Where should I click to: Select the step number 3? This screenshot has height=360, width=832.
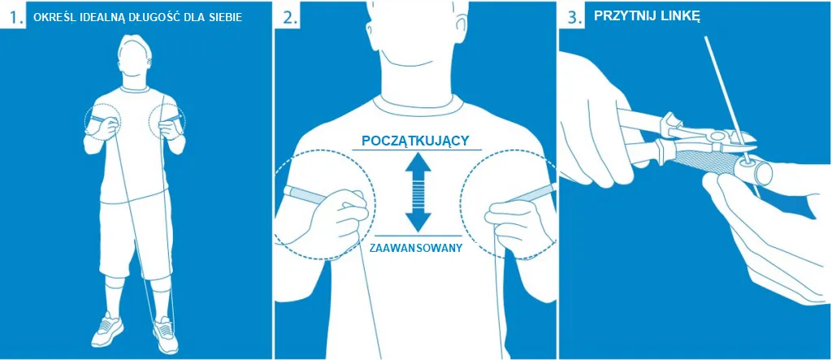[572, 17]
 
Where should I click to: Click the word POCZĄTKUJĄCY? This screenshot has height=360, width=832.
[414, 141]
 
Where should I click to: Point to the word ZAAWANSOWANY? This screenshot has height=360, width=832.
[417, 247]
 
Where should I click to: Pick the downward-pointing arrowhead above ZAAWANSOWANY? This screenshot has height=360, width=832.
[417, 220]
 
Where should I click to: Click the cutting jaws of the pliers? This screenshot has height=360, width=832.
[740, 139]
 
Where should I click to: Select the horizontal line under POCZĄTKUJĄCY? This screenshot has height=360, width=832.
[417, 150]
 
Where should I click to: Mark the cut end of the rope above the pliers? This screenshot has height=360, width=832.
[706, 37]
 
